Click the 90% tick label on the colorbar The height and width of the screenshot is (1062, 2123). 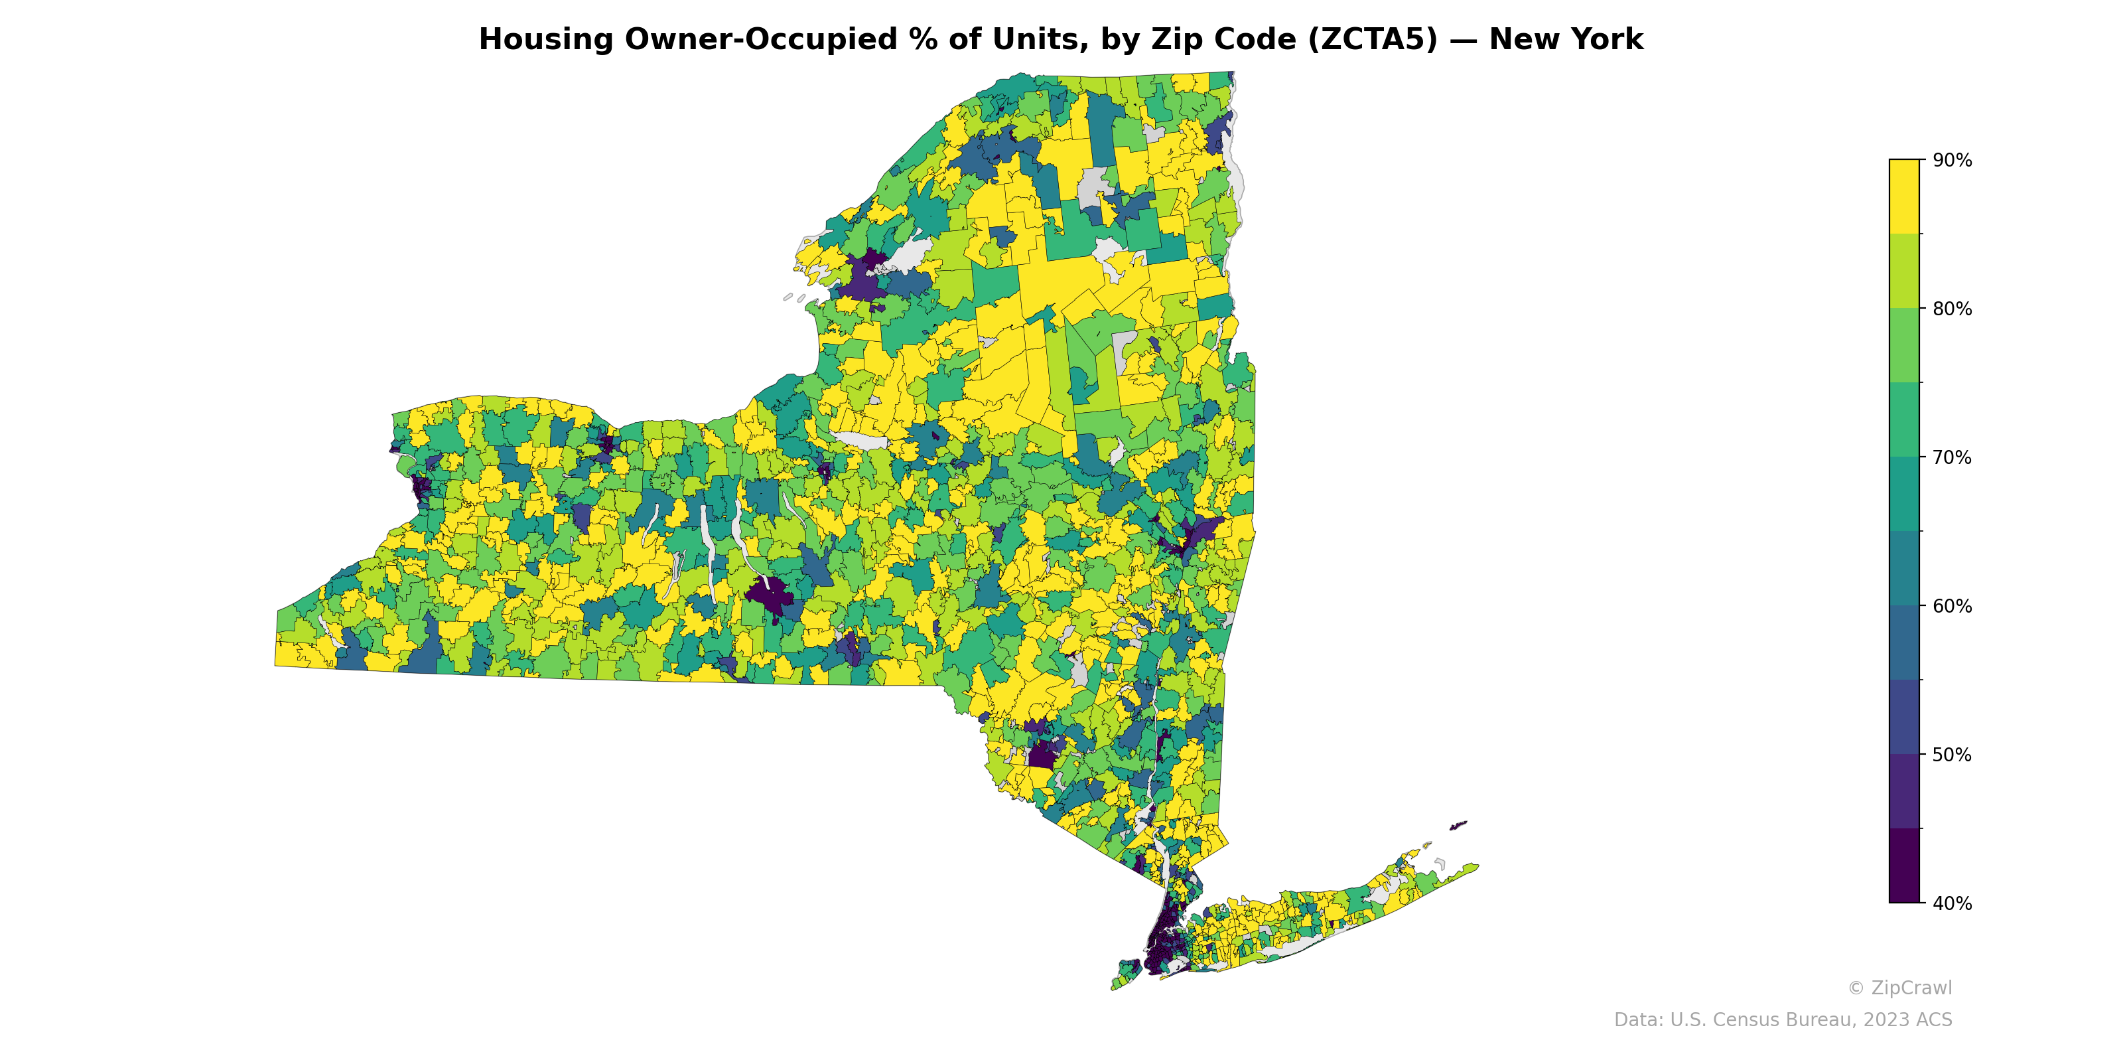click(x=1952, y=161)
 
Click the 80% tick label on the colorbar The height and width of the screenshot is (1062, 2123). click(x=1952, y=309)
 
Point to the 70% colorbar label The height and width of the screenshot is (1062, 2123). click(x=1952, y=457)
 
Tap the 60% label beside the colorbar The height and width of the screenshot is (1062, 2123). click(x=1952, y=606)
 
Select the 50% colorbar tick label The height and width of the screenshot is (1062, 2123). click(x=1952, y=755)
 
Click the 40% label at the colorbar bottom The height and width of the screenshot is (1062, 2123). click(x=1952, y=903)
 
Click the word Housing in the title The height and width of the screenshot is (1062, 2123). click(x=545, y=40)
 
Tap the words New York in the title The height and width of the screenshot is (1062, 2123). click(x=1565, y=40)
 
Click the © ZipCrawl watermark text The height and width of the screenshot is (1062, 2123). click(x=1899, y=988)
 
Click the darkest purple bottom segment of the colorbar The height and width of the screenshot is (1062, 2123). click(x=1904, y=866)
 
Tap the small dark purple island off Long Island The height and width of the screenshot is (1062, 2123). click(x=1458, y=824)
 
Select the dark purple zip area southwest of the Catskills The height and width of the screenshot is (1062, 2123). click(x=1042, y=755)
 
